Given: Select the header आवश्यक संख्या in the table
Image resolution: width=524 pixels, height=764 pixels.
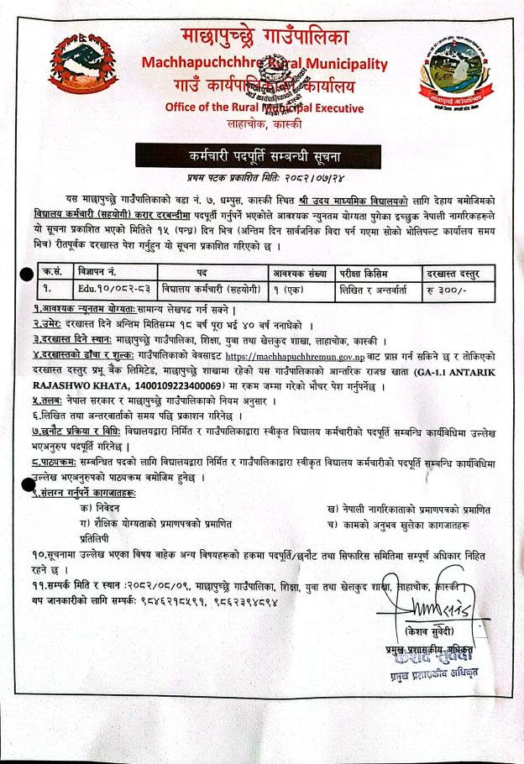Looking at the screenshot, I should pos(301,273).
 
